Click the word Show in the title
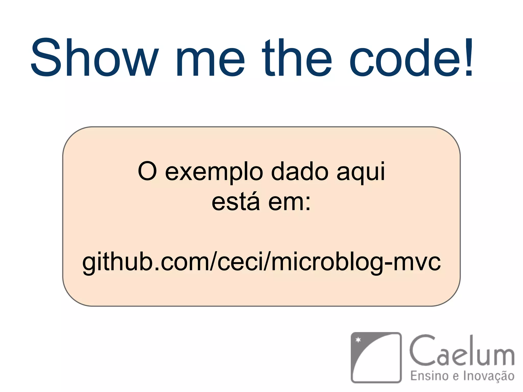pos(94,57)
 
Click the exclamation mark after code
pos(469,57)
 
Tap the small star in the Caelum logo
pos(358,340)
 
